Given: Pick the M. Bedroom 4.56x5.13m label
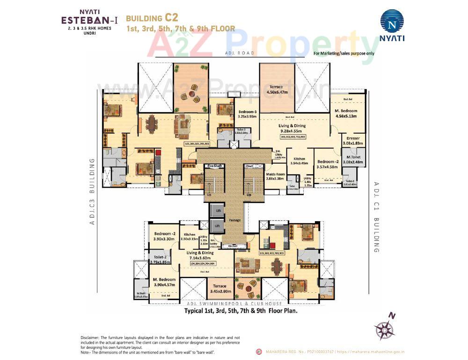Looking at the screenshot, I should pos(346,113).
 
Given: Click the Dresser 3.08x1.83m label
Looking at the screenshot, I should pos(353,141).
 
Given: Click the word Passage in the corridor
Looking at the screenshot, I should pos(234,219).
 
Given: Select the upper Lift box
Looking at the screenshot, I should pos(217,211).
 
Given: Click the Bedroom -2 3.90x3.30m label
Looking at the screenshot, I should pos(164,236).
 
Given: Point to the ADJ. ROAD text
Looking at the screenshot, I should pos(240,53).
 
